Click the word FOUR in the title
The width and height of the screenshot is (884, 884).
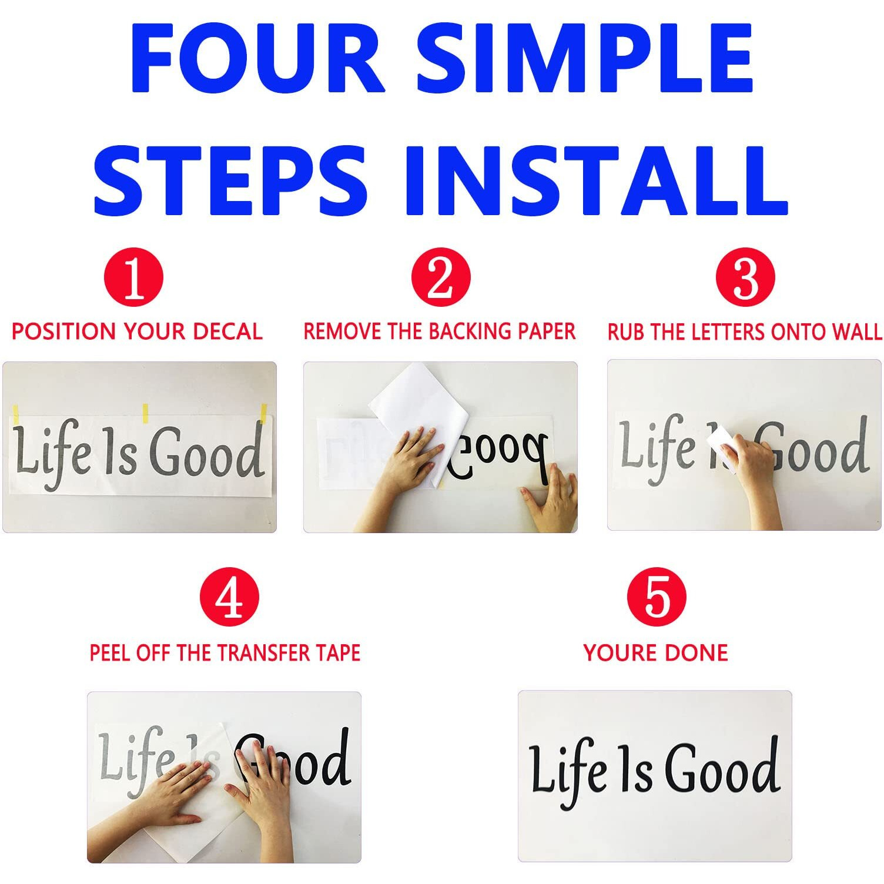coord(257,59)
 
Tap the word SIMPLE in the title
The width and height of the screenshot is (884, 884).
coord(585,59)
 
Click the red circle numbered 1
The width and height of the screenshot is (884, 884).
coord(133,277)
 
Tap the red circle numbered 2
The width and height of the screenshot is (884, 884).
coord(441,277)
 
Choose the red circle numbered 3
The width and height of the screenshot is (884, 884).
coord(745,277)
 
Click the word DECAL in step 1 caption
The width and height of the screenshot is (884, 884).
coord(227,331)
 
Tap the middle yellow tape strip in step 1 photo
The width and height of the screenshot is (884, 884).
coord(145,413)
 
